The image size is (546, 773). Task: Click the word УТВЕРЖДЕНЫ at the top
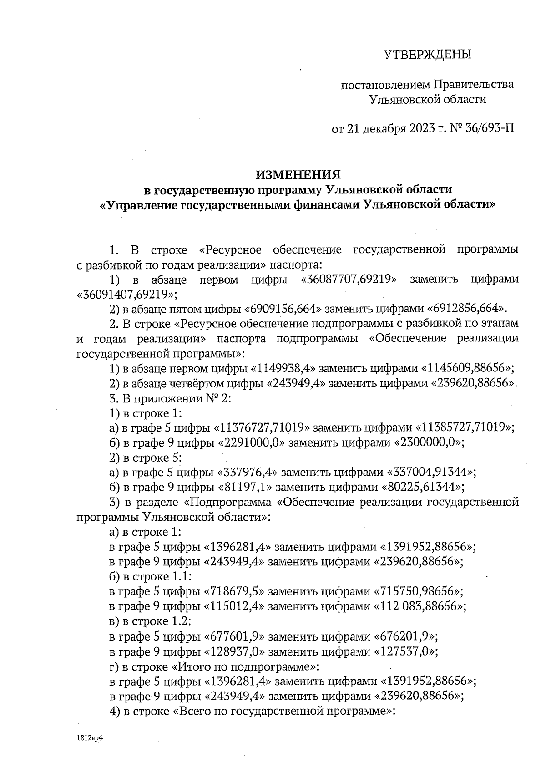click(427, 55)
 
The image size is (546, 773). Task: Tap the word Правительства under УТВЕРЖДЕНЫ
click(474, 85)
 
